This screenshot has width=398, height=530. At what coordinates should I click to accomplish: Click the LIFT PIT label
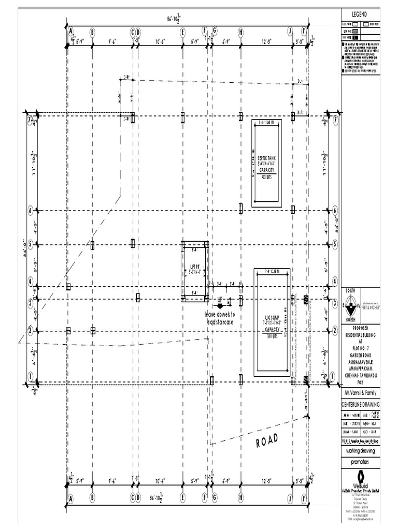coord(195,267)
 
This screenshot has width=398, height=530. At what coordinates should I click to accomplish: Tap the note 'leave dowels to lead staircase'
coord(220,318)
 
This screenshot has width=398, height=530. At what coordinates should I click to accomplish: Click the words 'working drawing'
coord(360,451)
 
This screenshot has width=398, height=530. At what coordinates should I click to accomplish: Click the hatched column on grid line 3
coord(306,300)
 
